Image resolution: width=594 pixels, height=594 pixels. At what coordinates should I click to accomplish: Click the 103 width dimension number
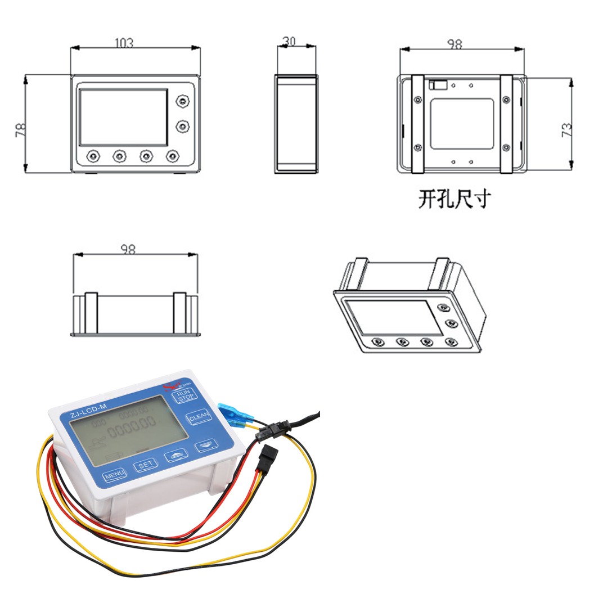124,43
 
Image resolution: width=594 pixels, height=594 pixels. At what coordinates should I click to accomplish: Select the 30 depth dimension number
290,42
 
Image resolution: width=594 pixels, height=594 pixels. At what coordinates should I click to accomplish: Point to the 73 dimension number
567,130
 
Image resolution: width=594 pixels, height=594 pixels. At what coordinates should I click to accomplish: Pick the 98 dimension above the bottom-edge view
128,249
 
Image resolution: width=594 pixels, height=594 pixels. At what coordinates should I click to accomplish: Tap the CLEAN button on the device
199,418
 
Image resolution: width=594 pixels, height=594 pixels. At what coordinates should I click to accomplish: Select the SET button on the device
146,465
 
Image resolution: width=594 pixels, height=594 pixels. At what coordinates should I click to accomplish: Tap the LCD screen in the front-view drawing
123,116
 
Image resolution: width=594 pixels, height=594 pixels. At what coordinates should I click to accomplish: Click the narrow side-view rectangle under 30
296,123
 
